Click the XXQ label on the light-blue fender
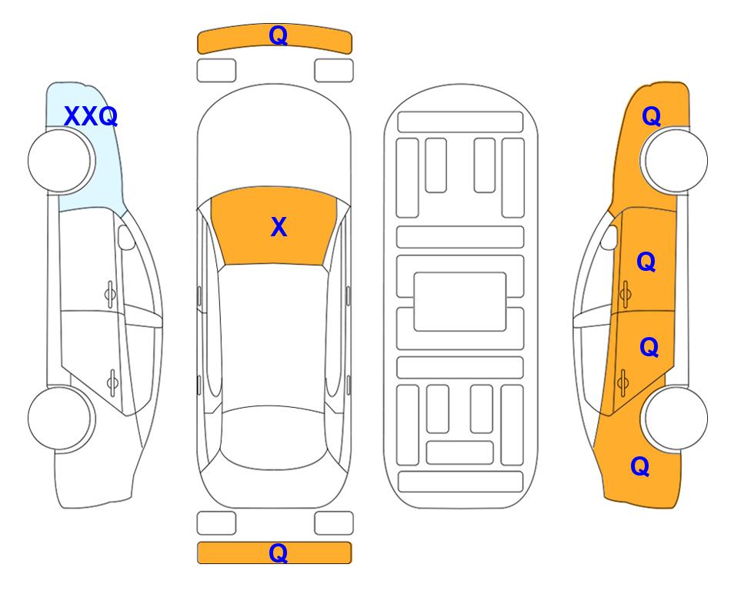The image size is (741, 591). [91, 116]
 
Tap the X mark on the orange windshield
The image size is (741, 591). [279, 227]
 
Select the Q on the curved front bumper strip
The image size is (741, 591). [278, 35]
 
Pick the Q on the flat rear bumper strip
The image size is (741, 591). [278, 553]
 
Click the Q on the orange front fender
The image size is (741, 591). [651, 116]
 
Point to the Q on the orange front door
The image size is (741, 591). [646, 262]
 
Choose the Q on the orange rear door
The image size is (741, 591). [649, 348]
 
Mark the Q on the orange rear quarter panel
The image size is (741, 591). [640, 466]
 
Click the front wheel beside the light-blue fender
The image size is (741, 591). [61, 161]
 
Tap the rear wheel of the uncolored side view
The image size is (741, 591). [61, 419]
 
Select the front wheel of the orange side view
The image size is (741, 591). [674, 161]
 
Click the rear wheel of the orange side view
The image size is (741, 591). [674, 419]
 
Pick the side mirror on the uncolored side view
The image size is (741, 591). [126, 237]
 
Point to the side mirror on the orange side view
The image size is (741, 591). [609, 237]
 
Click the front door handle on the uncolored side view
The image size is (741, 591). [110, 295]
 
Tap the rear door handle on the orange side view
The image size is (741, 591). [623, 383]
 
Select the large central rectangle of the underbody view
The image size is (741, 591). [460, 302]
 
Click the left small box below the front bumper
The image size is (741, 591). [216, 71]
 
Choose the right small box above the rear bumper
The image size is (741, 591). [334, 523]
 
